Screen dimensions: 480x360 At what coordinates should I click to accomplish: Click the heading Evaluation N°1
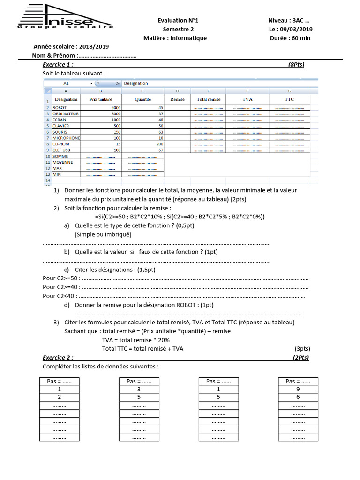tap(178, 20)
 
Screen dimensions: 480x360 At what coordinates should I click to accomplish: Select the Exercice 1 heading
tap(58, 65)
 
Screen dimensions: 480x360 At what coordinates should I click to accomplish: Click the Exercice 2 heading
tap(58, 357)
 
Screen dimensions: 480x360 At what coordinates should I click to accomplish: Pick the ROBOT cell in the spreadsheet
tap(60, 108)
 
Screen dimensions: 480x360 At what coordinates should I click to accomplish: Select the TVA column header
tap(247, 99)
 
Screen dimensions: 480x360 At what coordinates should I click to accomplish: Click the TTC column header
tap(289, 99)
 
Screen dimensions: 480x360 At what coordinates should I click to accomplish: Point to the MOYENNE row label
tap(63, 162)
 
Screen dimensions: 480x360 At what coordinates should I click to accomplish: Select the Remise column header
tap(177, 99)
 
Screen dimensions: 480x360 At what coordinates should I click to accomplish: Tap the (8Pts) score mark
tap(296, 65)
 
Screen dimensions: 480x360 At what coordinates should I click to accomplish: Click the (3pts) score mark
tap(302, 349)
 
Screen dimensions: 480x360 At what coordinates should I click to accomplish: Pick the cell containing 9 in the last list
tap(298, 389)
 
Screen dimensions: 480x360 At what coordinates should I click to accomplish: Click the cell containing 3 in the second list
tap(139, 389)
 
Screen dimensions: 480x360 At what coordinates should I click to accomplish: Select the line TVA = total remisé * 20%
tap(136, 340)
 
